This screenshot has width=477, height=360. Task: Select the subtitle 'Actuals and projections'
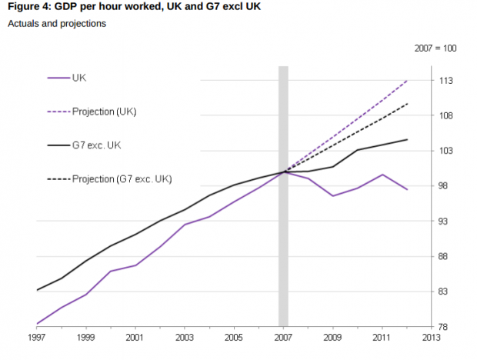coord(57,24)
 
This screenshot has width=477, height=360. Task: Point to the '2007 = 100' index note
coord(436,48)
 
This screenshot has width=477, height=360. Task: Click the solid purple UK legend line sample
coord(58,78)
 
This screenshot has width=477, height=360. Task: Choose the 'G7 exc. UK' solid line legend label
coord(95,145)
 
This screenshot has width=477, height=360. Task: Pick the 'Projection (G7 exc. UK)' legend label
coord(122,178)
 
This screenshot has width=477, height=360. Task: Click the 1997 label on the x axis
coord(36,338)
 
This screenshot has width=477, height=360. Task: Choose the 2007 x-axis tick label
coord(283,338)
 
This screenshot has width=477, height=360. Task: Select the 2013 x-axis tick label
coord(431,338)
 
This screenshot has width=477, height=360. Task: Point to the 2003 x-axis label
coord(185,338)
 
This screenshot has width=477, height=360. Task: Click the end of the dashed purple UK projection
coord(407,80)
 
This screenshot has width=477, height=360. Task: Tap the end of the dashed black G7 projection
coord(407,103)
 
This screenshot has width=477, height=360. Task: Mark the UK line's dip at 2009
coord(333,196)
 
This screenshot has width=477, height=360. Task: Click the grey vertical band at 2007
coord(283,231)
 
